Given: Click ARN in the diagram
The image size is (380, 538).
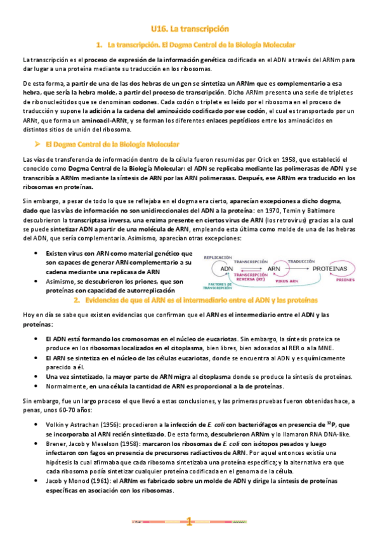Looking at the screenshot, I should click(x=274, y=268).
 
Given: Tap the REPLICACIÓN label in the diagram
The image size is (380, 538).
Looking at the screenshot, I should click(x=216, y=257).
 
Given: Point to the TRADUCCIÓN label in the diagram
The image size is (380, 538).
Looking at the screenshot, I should click(x=302, y=261).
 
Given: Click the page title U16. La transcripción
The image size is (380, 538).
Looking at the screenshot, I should click(x=190, y=29).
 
